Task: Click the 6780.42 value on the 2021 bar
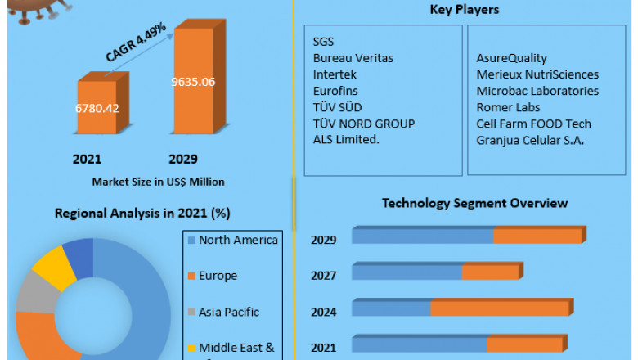[97, 109]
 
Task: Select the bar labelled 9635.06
[193, 82]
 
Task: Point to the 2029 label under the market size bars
[183, 159]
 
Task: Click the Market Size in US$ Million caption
[158, 182]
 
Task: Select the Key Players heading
[465, 11]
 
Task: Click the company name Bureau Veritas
[353, 58]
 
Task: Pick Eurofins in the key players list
[335, 91]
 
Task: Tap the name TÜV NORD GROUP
[363, 124]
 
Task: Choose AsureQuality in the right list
[512, 58]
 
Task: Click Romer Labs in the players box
[508, 107]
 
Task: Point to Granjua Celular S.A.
[532, 140]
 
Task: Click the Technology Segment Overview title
[474, 203]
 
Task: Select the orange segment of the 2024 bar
[500, 308]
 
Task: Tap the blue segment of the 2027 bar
[407, 272]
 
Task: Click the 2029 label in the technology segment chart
[324, 240]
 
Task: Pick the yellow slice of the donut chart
[49, 265]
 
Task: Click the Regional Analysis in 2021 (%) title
[142, 214]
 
